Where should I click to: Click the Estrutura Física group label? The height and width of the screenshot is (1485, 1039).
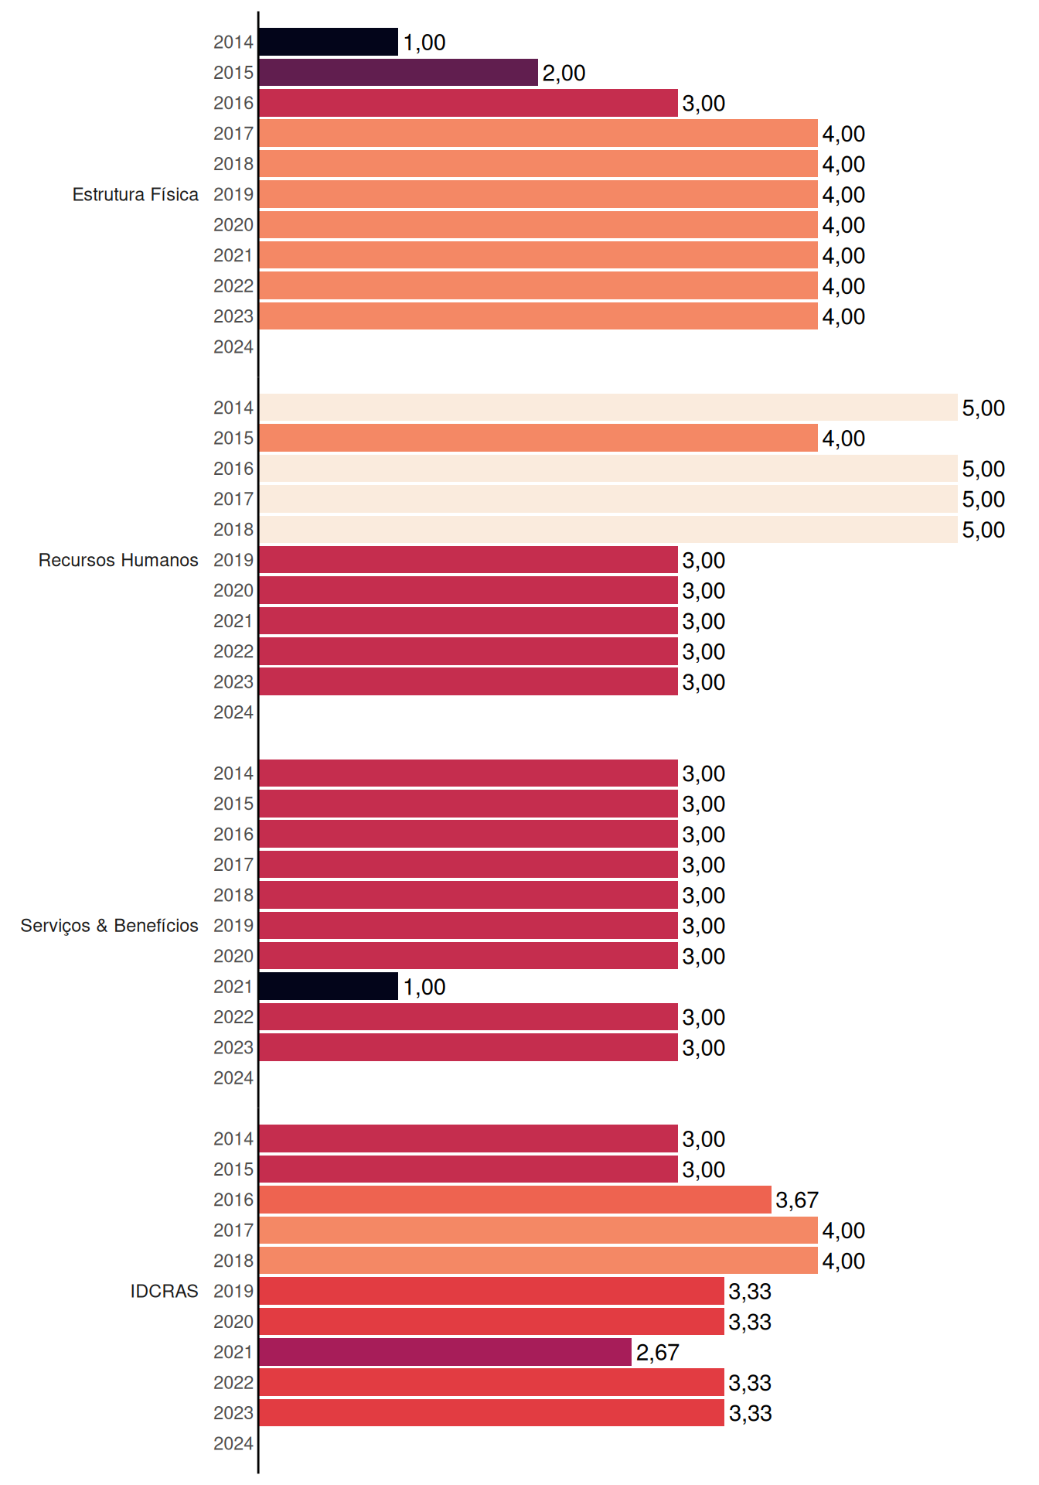135,194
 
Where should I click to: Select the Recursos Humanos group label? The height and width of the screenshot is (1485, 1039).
118,560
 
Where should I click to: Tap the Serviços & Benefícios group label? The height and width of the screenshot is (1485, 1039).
109,926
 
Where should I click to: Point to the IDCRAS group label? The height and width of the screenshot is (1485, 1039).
164,1291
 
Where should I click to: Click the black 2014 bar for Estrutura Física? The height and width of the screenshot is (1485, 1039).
329,42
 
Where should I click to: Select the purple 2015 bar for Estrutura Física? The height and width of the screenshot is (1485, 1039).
398,73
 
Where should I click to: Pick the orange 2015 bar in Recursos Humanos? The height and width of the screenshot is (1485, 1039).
538,438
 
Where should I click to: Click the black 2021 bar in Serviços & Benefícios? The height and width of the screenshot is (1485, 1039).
329,986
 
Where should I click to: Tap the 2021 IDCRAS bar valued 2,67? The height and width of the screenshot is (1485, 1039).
445,1352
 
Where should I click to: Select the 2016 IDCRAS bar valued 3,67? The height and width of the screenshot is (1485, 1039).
515,1200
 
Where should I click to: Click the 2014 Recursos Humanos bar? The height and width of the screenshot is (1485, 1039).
608,408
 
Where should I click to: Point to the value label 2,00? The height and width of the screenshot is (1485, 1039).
564,73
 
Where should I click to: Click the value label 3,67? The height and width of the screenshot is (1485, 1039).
797,1200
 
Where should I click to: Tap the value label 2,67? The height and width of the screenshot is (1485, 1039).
657,1353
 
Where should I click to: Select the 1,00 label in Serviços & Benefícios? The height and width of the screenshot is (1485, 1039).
424,987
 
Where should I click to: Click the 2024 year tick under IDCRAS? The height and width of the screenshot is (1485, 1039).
233,1443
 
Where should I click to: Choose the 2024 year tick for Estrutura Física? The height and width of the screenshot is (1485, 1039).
233,346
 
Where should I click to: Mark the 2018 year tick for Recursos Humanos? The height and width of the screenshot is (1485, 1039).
233,530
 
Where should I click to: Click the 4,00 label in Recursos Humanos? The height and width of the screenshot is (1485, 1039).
843,439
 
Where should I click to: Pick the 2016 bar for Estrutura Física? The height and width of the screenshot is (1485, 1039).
468,103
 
